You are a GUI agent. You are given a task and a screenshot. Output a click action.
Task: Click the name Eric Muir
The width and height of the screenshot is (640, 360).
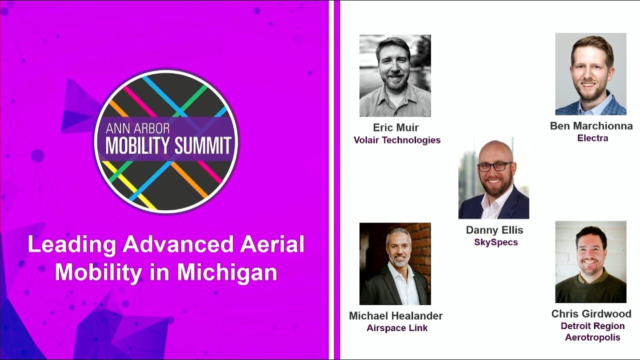click(395, 127)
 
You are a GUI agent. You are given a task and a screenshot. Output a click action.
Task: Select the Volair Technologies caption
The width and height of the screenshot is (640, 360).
click(397, 140)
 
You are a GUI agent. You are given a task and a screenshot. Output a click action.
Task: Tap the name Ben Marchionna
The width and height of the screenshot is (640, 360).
click(591, 126)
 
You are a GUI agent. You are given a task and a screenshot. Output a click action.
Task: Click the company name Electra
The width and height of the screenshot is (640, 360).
click(592, 138)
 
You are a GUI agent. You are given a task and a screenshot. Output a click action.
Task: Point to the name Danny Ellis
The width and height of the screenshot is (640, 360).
click(494, 230)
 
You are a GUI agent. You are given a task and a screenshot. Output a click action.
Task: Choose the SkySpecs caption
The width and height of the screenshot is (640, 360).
click(495, 242)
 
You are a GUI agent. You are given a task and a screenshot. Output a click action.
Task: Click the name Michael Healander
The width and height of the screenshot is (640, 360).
click(395, 316)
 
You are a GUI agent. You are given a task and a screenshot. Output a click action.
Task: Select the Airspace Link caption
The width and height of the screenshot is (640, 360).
click(397, 328)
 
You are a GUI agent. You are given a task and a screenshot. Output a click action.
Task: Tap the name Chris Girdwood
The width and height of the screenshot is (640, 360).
click(591, 314)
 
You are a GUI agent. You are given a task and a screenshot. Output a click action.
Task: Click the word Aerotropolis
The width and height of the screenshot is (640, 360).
click(592, 337)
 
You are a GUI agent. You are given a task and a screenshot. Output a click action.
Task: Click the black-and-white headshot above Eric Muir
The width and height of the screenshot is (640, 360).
click(395, 75)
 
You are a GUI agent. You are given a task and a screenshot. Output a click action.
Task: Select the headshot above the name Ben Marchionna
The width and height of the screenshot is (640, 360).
click(590, 74)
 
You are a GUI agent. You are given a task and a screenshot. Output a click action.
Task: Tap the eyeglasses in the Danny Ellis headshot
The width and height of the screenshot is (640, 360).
click(495, 166)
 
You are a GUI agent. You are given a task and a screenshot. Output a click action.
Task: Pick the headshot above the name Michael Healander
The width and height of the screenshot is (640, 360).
click(395, 263)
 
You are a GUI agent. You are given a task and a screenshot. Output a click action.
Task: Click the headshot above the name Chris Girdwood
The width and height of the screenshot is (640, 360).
click(590, 261)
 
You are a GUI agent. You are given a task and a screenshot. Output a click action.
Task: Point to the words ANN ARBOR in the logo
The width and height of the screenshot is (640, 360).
click(137, 128)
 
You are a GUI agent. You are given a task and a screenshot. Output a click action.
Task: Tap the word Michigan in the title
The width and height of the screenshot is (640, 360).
click(227, 272)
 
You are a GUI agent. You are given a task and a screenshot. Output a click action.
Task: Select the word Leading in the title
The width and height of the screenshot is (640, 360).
click(72, 244)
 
